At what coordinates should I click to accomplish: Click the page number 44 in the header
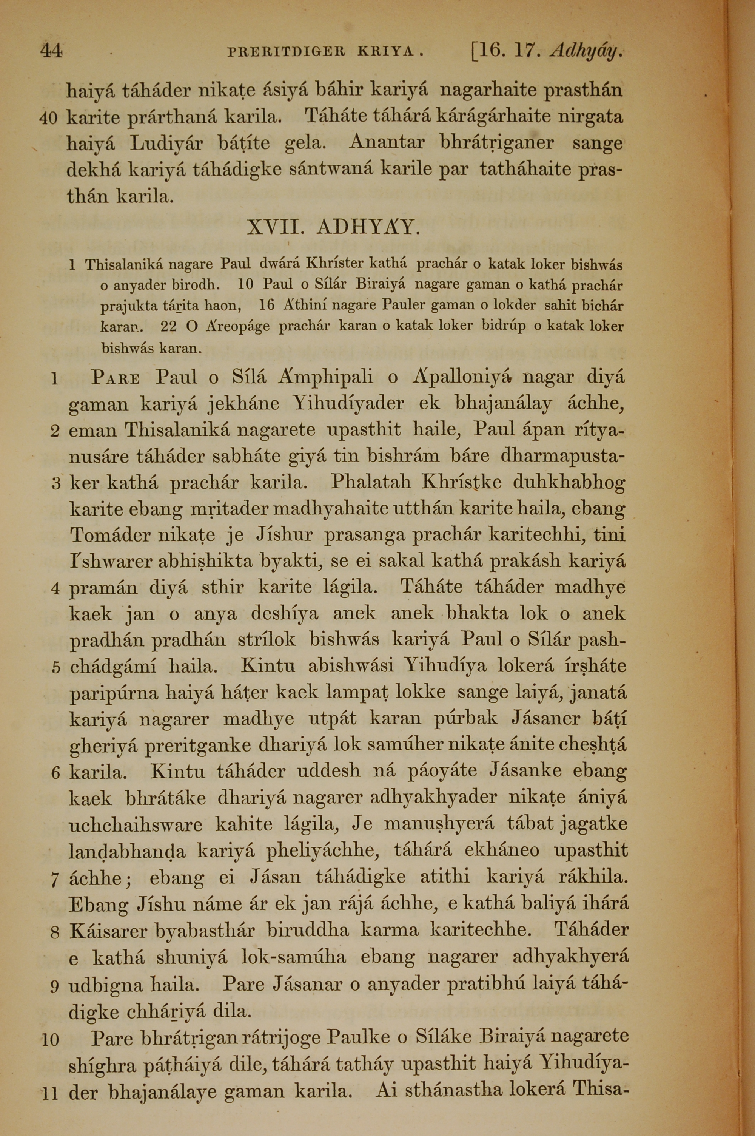(51, 51)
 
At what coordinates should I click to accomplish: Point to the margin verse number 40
(48, 117)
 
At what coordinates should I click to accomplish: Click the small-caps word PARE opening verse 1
(116, 378)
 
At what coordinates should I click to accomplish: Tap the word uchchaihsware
(136, 825)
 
